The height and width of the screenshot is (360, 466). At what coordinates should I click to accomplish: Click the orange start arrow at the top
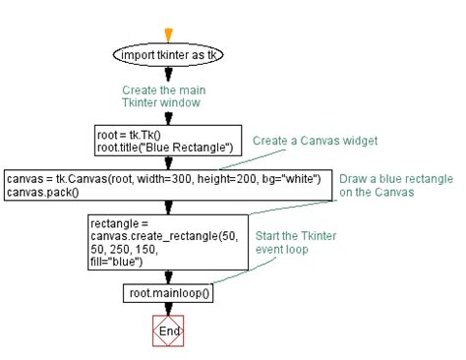pos(169,35)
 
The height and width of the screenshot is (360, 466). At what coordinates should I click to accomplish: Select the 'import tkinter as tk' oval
pos(169,55)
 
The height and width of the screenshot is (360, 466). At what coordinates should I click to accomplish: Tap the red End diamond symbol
pos(169,331)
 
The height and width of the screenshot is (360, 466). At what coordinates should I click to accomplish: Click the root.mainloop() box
pos(169,293)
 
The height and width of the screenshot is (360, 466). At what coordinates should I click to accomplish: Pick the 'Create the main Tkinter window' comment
pos(169,95)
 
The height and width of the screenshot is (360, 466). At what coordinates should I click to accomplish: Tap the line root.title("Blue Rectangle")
pos(163,148)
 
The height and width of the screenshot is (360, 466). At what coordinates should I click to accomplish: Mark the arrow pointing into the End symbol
pos(169,310)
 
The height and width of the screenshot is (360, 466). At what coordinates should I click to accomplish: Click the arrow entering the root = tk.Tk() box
pos(169,119)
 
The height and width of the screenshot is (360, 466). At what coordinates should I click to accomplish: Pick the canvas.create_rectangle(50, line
pos(163,235)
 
